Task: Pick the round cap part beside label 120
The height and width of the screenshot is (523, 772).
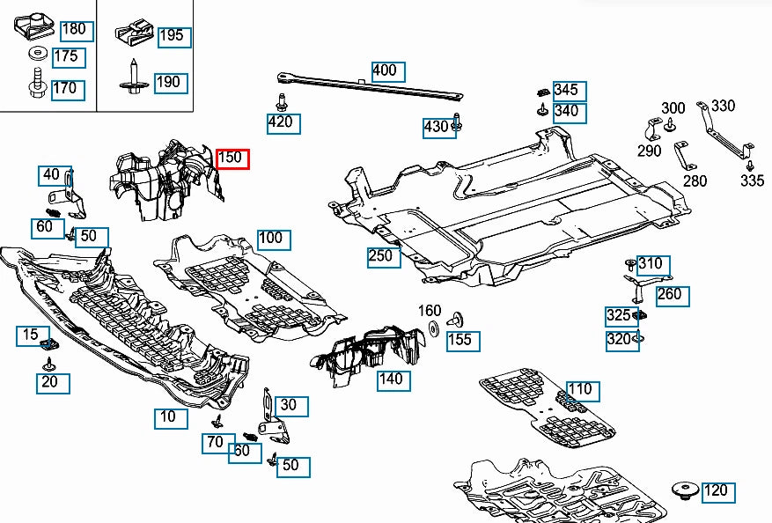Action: tap(682, 489)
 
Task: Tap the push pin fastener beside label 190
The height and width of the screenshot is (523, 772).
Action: tap(132, 80)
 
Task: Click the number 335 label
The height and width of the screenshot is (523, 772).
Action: tap(752, 181)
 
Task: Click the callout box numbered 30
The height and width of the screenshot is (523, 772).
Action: tap(292, 406)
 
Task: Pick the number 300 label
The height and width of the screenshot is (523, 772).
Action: tap(673, 108)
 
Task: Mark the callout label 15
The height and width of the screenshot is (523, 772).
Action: tap(31, 335)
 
